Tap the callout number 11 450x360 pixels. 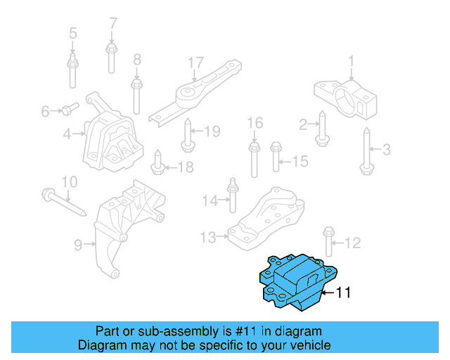coord(342,292)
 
